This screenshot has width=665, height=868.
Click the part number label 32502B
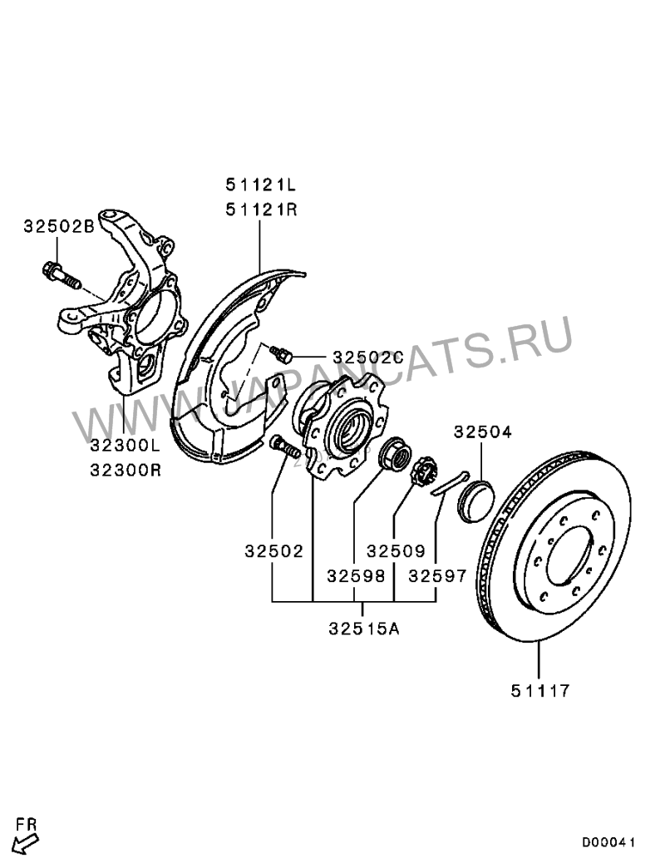click(59, 224)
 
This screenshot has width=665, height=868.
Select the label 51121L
click(259, 183)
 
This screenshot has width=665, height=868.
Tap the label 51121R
click(259, 210)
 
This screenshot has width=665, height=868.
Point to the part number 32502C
click(367, 358)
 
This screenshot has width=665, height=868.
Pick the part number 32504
click(482, 432)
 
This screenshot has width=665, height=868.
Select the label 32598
click(355, 575)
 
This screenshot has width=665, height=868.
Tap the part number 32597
click(437, 575)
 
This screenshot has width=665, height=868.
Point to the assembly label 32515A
click(363, 629)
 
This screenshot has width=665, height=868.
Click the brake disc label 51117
click(540, 690)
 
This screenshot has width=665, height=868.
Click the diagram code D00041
click(608, 843)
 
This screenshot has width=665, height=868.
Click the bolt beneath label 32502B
click(60, 274)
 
